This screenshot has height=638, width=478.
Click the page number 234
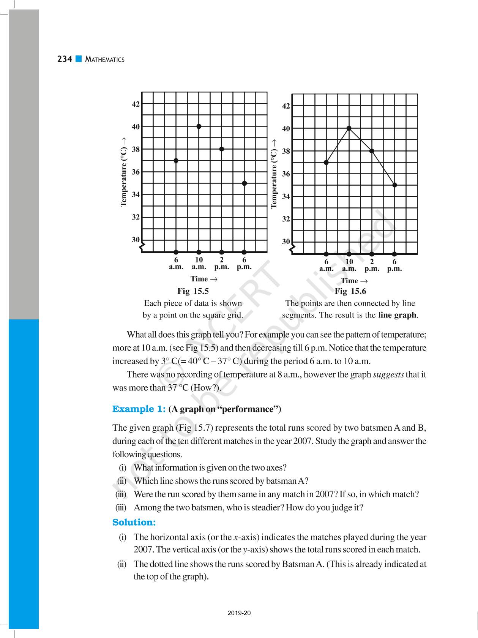[x=65, y=59]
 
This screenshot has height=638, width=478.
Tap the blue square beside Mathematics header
[x=79, y=59]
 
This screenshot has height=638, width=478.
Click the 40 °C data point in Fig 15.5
[x=199, y=126]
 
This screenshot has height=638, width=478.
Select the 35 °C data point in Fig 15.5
[x=245, y=183]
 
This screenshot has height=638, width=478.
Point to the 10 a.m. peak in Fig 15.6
[x=349, y=128]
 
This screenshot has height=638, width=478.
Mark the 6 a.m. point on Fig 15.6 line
[x=326, y=163]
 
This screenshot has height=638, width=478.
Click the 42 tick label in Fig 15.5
[x=136, y=104]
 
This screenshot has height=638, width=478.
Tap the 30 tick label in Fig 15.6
[x=286, y=242]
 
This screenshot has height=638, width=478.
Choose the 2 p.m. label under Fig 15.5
[x=222, y=263]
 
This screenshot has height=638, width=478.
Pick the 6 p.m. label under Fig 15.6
[x=394, y=265]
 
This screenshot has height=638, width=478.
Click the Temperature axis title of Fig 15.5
[x=123, y=172]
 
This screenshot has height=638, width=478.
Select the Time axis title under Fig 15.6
[x=354, y=281]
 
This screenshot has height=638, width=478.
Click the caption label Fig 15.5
[x=193, y=291]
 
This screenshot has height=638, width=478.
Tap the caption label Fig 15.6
[x=350, y=291]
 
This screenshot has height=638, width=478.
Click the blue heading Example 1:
[x=139, y=409]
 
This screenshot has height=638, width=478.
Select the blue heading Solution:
[x=134, y=523]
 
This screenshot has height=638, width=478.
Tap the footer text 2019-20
[x=239, y=613]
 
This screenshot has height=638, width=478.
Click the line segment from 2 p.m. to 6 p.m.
[x=383, y=168]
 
